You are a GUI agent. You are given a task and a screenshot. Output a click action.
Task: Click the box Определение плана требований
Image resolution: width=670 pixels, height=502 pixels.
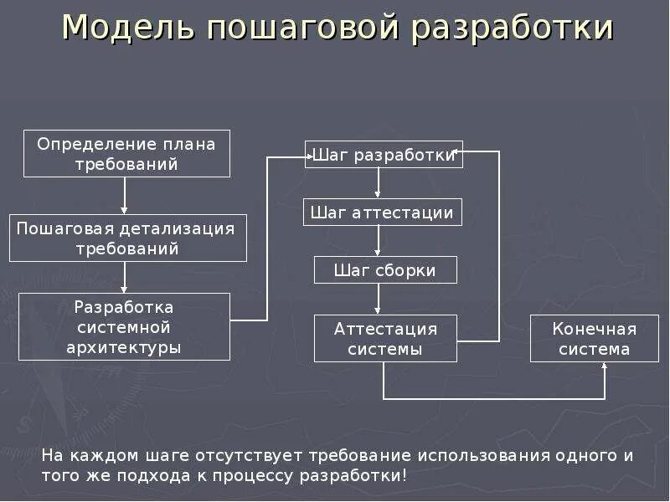click(126, 154)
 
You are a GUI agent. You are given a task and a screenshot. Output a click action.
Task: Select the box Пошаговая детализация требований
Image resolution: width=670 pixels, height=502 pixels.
click(127, 238)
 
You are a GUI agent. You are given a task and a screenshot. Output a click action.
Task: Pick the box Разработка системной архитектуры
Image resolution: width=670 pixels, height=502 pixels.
click(124, 326)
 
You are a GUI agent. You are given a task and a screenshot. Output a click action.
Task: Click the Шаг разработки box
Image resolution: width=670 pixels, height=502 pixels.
click(384, 155)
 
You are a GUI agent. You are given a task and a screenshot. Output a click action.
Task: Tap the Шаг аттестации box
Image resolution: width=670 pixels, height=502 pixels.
click(382, 213)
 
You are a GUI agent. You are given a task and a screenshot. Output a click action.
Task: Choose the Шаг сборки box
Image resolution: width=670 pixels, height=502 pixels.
click(386, 270)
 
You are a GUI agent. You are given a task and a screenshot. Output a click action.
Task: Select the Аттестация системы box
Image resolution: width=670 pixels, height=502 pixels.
click(386, 338)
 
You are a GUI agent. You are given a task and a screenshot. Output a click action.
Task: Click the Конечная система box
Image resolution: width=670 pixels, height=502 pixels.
click(595, 338)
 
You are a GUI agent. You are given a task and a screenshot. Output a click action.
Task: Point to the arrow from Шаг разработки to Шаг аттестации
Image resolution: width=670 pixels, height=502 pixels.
click(379, 183)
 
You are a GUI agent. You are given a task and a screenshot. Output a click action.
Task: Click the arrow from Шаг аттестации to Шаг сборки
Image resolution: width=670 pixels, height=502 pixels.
click(379, 241)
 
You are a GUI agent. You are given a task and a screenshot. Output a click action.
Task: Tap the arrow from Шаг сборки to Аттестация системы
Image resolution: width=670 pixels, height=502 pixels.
click(379, 299)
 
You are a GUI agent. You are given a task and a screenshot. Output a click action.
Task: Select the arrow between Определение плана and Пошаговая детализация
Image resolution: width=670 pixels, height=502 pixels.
click(125, 196)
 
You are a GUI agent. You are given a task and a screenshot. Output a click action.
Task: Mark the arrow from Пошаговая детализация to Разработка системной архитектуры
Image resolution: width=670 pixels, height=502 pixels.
click(125, 277)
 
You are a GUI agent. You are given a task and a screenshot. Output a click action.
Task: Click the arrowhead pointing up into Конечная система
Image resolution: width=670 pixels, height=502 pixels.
click(605, 368)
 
